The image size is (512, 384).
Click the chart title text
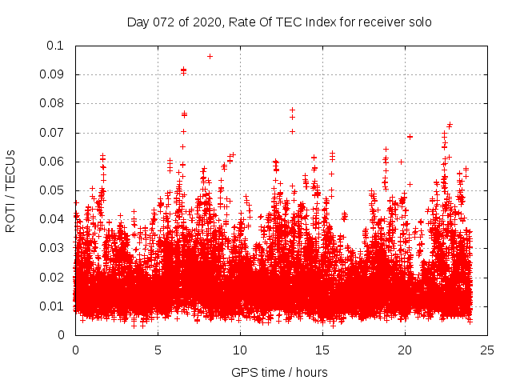279,22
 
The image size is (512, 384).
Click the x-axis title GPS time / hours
279,372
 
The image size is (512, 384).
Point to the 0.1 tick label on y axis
56,46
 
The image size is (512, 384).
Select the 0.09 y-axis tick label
53,74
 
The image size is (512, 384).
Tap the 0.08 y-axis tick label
53,103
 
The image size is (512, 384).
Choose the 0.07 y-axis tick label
53,132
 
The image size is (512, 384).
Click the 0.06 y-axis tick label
53,162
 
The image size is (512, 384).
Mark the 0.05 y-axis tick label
53,190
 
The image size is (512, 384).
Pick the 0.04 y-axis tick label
53,219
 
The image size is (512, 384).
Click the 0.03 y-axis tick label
53,248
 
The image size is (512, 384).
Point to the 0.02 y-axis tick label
53,277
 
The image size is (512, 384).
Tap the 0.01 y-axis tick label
53,306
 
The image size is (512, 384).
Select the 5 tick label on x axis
158,350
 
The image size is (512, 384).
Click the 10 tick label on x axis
240,350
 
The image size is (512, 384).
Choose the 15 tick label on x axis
322,350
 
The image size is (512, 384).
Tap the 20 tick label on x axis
405,350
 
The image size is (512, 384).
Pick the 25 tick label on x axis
487,350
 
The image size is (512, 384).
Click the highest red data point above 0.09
210,56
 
